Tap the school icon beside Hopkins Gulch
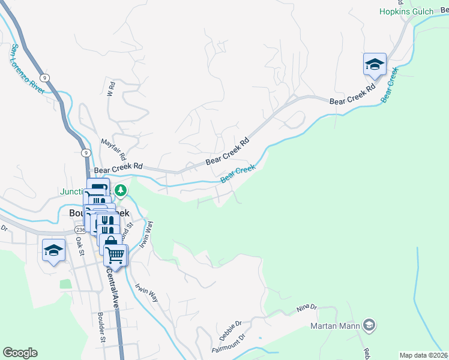375,64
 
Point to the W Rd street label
111,89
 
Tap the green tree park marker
121,191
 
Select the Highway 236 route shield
80,229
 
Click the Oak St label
79,245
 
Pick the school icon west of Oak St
53,251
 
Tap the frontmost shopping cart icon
115,255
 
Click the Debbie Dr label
230,329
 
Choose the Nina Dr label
306,308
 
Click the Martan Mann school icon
370,326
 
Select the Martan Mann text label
335,326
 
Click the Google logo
20,353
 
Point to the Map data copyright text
423,355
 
